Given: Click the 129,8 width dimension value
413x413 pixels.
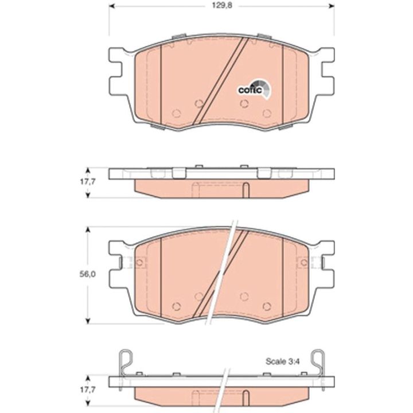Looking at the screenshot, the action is [x=222, y=6].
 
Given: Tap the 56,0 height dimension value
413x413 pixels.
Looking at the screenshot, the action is [x=87, y=274].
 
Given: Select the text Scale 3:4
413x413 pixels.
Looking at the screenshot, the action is [x=283, y=361].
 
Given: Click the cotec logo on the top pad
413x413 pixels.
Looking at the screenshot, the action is [x=254, y=89].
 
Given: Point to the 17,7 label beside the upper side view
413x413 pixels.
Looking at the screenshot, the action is [x=87, y=182].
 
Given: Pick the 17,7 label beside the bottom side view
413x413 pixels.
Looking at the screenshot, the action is [x=87, y=389].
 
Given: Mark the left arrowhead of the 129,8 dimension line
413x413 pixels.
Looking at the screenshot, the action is [x=112, y=6].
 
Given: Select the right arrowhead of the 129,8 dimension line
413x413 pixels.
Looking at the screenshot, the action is [x=332, y=6].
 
